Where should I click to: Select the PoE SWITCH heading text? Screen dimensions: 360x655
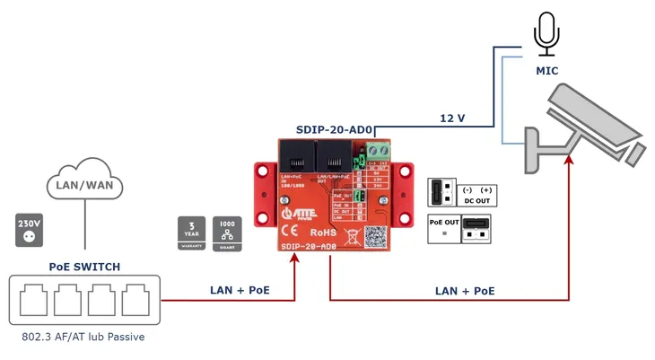pos(84,267)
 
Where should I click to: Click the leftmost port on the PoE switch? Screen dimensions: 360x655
pos(33,300)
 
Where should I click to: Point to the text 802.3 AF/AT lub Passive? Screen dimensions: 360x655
pos(83,338)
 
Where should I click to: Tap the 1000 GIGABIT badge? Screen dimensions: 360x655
pos(227,233)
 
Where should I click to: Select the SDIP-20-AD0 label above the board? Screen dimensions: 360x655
pos(335,129)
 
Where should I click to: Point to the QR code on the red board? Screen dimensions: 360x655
pos(375,236)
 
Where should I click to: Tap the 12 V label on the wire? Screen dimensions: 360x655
pos(452,118)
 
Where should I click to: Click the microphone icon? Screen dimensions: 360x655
pos(546,34)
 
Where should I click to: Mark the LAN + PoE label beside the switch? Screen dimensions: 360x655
pos(240,290)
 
